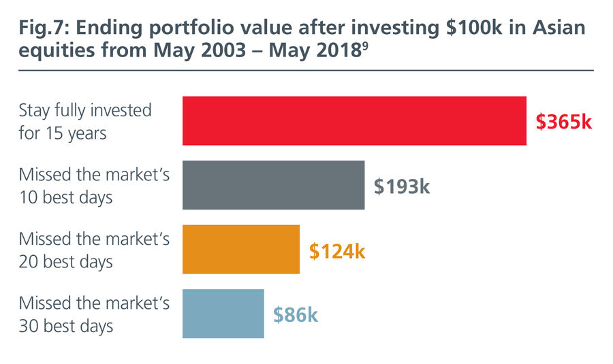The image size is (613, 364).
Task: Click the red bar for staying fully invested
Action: click(354, 121)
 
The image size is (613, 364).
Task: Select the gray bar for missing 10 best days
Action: click(273, 185)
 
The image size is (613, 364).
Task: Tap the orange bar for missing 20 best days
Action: click(241, 249)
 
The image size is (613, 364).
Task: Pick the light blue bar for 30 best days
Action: click(223, 314)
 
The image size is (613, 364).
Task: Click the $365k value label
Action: click(564, 122)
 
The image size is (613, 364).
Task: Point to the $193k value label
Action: click(402, 186)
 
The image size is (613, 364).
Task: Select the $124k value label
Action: click(337, 250)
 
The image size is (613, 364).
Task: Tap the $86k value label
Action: click(296, 315)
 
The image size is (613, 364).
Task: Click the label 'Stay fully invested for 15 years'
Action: click(85, 121)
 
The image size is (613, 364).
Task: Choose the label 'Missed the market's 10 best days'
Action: click(94, 185)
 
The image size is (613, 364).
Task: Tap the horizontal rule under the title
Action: click(306, 70)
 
